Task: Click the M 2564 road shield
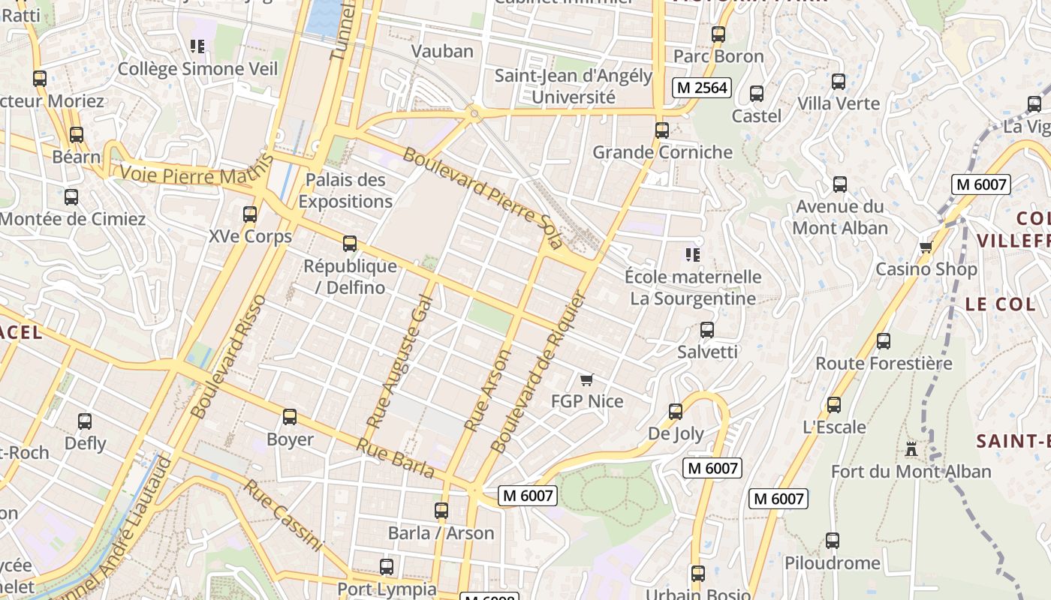click(x=701, y=88)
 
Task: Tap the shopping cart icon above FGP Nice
click(x=587, y=380)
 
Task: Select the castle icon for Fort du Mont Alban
click(x=911, y=449)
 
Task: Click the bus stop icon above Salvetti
click(x=706, y=329)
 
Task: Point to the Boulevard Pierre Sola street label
click(x=483, y=197)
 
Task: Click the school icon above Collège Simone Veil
click(x=197, y=46)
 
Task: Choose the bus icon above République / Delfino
click(x=350, y=244)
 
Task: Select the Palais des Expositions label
click(x=345, y=190)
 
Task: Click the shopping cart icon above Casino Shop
click(x=926, y=247)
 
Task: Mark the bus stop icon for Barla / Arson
click(x=441, y=511)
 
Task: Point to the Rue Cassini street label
click(x=283, y=515)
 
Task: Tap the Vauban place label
click(x=443, y=51)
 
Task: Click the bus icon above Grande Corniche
click(x=661, y=130)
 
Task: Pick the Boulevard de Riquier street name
click(x=537, y=372)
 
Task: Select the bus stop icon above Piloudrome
click(x=832, y=540)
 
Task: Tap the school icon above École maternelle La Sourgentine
click(x=693, y=255)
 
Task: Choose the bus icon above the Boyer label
click(x=290, y=417)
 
